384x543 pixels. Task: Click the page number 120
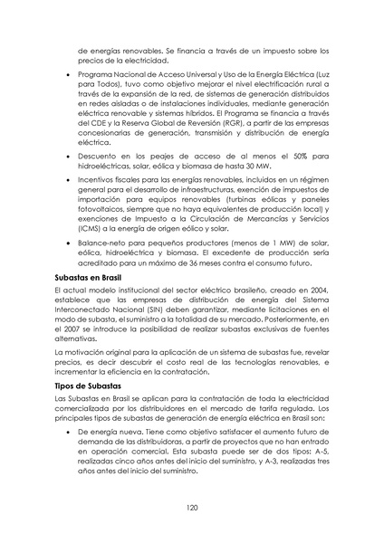(192, 508)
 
